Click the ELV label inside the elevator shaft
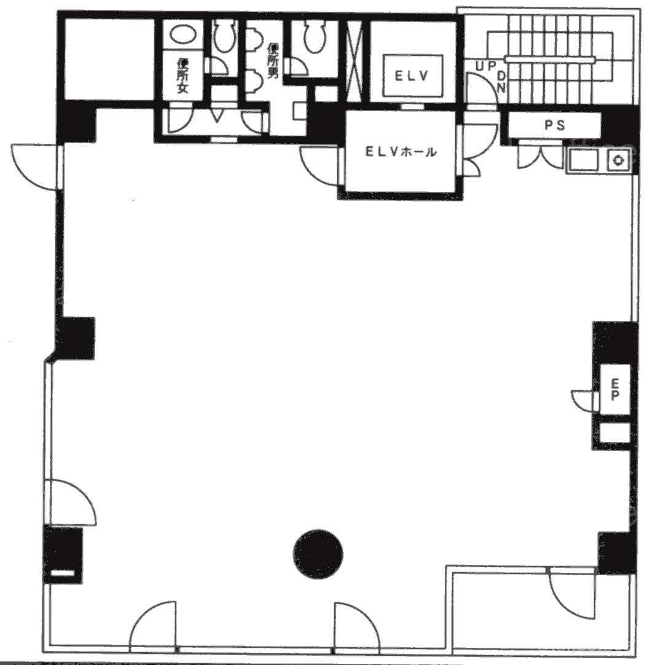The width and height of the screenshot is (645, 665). click(x=412, y=76)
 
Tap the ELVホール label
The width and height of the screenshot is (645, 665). click(x=401, y=152)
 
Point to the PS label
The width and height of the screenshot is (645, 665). click(x=555, y=125)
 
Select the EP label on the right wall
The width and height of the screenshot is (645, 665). click(x=615, y=389)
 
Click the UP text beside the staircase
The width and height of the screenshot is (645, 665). click(x=485, y=66)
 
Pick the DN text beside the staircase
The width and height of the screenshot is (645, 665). click(x=501, y=82)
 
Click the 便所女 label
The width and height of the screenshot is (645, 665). click(x=182, y=76)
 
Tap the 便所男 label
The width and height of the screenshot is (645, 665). click(x=272, y=61)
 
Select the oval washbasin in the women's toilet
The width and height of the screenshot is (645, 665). click(x=182, y=34)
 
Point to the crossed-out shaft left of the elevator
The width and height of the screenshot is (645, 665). click(x=354, y=61)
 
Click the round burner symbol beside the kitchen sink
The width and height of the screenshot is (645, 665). click(x=619, y=161)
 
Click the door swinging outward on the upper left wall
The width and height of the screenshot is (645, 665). click(x=36, y=167)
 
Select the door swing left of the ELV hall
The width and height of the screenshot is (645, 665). click(x=319, y=166)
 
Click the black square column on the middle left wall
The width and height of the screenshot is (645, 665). click(x=76, y=338)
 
